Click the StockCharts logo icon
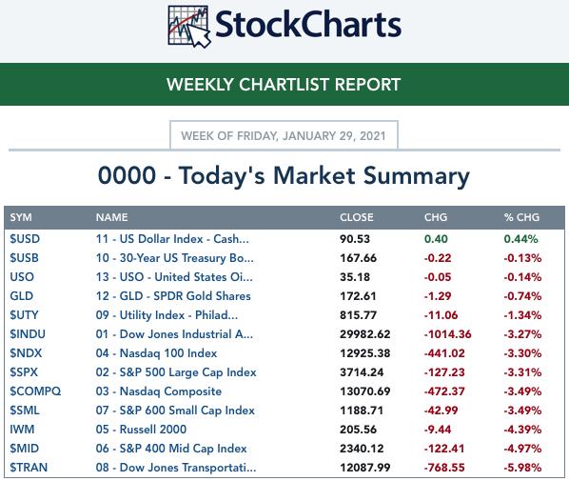189,27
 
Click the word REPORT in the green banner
367,85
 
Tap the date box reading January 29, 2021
284,135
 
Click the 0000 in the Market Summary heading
127,175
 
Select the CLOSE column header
357,217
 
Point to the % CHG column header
521,217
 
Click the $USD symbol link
25,239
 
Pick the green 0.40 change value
436,239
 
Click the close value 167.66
358,258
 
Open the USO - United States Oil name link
174,277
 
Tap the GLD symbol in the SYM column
22,296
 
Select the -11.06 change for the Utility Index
441,315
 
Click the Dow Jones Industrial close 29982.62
365,334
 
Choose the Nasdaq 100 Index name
156,353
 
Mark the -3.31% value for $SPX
522,372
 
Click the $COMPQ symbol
35,391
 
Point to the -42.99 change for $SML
441,411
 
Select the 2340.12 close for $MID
362,449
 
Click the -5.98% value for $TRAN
522,468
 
